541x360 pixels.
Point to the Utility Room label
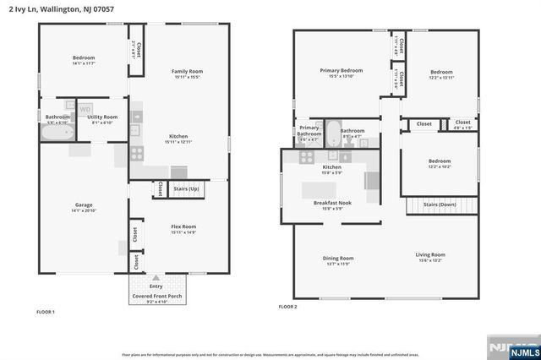(x=103, y=117)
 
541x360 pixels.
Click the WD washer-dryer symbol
(x=86, y=109)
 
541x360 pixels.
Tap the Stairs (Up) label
(x=186, y=188)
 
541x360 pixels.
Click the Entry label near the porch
(x=156, y=286)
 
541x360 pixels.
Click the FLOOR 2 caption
(x=288, y=307)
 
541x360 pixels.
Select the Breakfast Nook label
(x=332, y=204)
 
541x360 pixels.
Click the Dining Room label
(x=337, y=259)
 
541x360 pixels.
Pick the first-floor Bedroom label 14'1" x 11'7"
(x=83, y=60)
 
